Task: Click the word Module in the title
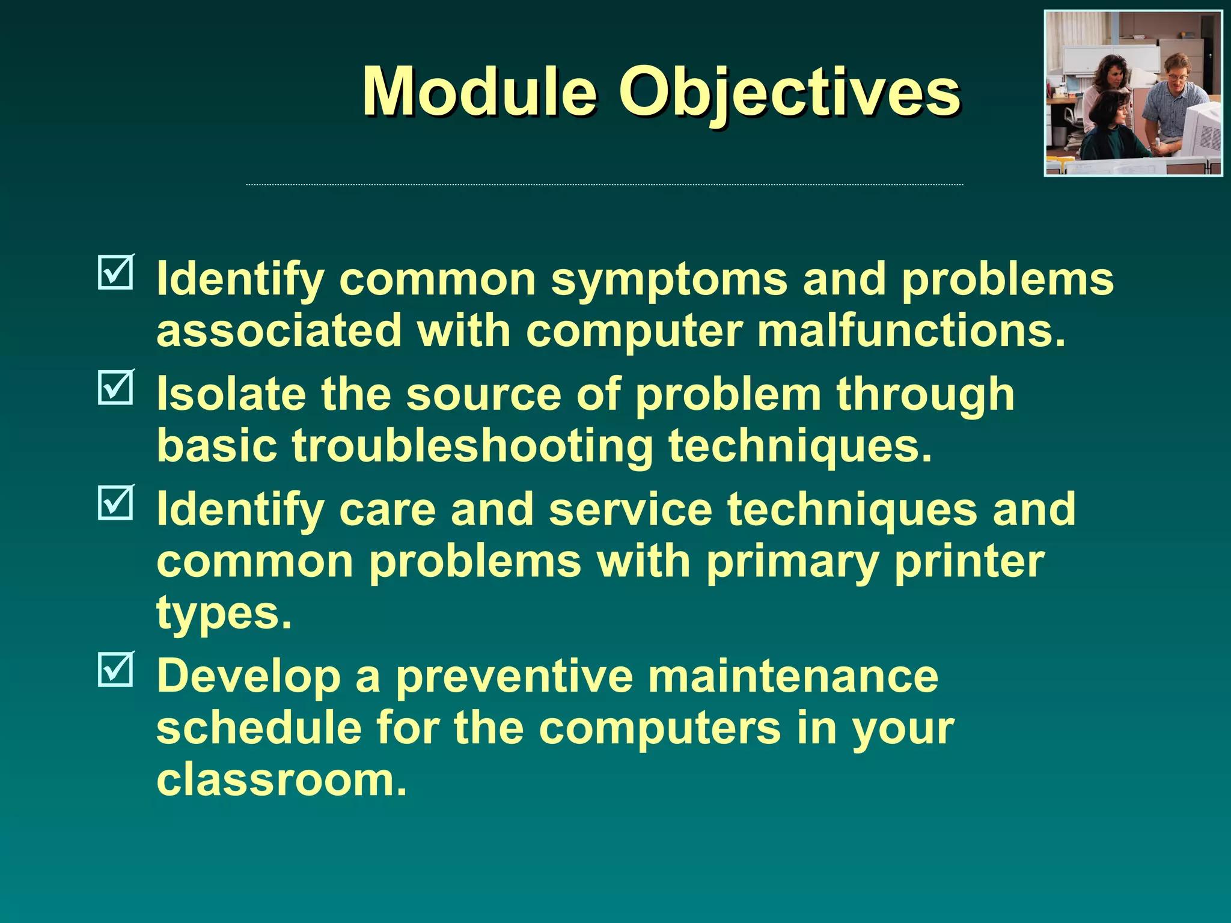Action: click(x=479, y=92)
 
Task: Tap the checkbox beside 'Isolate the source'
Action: click(x=115, y=387)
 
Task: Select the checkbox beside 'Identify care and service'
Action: click(x=115, y=502)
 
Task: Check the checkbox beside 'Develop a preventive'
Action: click(x=115, y=669)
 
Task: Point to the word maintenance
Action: click(x=793, y=676)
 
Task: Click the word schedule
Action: click(x=258, y=728)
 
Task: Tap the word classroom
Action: click(x=281, y=779)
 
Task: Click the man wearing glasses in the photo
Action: click(x=1173, y=96)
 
